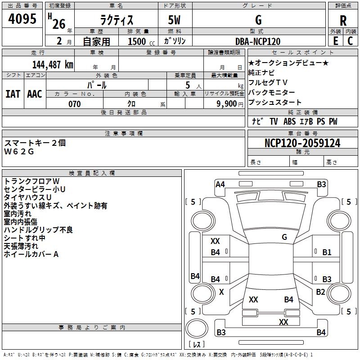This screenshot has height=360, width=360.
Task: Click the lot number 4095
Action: pyautogui.click(x=22, y=19)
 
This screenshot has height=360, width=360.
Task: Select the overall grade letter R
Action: pyautogui.click(x=343, y=21)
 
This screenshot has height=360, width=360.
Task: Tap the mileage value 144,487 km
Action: pyautogui.click(x=53, y=65)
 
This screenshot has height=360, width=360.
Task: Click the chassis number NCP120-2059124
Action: pyautogui.click(x=302, y=143)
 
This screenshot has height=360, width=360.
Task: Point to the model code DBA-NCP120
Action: pyautogui.click(x=258, y=41)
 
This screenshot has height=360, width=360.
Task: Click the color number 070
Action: pyautogui.click(x=75, y=104)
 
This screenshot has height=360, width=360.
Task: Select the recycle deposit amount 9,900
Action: pyautogui.click(x=227, y=104)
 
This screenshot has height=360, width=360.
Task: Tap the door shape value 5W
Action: pyautogui.click(x=174, y=20)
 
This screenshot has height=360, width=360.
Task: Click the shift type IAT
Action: pyautogui.click(x=13, y=94)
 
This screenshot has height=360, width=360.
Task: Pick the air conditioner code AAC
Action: pyautogui.click(x=35, y=94)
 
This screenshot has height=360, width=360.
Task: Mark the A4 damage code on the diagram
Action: pyautogui.click(x=220, y=184)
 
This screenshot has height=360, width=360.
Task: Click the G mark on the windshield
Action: pyautogui.click(x=284, y=237)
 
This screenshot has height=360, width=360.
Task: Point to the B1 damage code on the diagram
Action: pyautogui.click(x=327, y=252)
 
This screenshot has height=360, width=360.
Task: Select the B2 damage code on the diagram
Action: pyautogui.click(x=320, y=292)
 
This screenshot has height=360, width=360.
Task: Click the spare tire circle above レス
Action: pyautogui.click(x=197, y=328)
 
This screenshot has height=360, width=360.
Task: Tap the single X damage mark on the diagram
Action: pyautogui.click(x=221, y=292)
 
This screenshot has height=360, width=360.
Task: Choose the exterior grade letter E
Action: pyautogui.click(x=336, y=41)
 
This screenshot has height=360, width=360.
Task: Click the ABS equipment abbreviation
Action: pyautogui.click(x=289, y=121)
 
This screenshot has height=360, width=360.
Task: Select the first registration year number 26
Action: pyautogui.click(x=59, y=24)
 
